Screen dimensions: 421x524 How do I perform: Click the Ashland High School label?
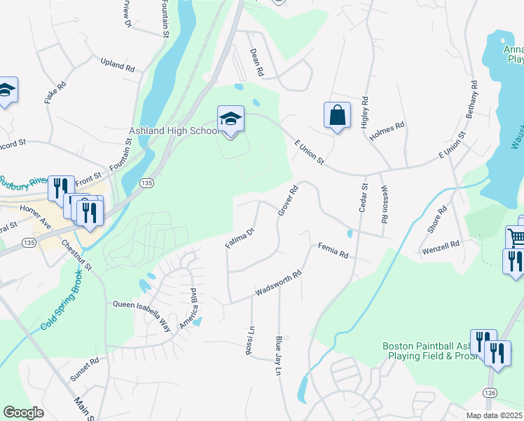click(174, 131)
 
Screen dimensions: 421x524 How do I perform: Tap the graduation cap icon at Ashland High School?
click(230, 119)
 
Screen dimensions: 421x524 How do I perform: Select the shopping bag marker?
click(337, 116)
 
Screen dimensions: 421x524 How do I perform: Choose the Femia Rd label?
click(333, 250)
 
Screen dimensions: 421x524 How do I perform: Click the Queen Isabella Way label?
click(142, 307)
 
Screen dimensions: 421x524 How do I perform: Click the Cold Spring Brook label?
click(64, 305)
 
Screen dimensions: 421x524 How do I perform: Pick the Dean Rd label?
click(256, 62)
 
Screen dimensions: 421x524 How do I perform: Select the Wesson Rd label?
click(385, 204)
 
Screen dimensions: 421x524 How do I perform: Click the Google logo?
click(23, 413)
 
